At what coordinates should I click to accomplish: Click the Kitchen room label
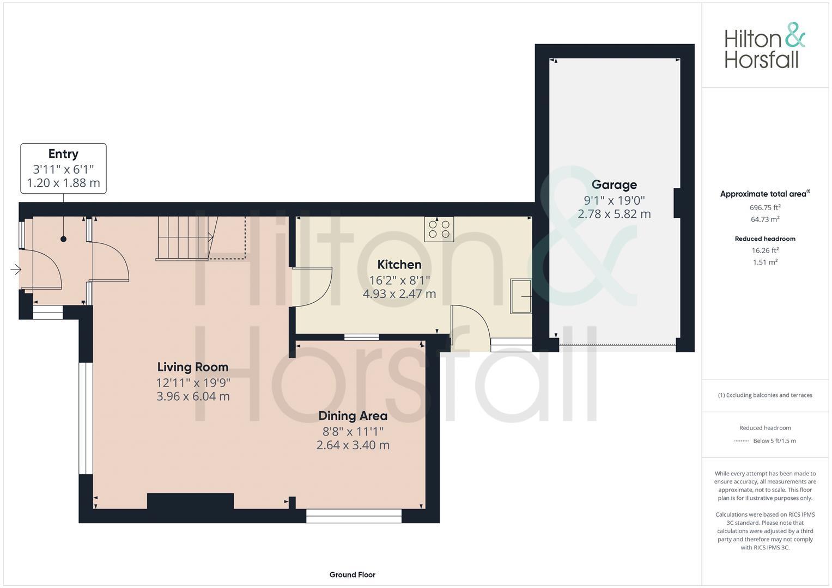(x=399, y=265)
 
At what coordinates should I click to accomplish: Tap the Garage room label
(x=614, y=185)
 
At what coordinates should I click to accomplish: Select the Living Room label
(x=193, y=367)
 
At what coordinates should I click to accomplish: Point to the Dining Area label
(x=353, y=416)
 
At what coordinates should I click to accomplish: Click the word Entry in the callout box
(x=63, y=154)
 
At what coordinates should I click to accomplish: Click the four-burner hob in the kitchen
(x=439, y=229)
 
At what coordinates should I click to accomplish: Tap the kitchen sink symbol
(x=521, y=296)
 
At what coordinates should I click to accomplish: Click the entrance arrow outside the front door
(x=15, y=269)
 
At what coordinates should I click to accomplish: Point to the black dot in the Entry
(x=64, y=239)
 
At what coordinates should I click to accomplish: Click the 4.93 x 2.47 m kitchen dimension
(x=399, y=294)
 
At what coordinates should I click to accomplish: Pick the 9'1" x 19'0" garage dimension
(x=614, y=200)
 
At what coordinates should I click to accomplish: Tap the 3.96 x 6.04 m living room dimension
(x=193, y=396)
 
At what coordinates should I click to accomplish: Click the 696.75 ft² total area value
(x=765, y=207)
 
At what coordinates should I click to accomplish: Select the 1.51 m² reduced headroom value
(x=765, y=262)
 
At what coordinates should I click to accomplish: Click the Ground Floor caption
(x=352, y=574)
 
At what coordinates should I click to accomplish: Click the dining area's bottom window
(x=354, y=516)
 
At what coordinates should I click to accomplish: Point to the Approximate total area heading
(x=764, y=194)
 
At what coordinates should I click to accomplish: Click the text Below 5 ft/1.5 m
(x=774, y=441)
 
